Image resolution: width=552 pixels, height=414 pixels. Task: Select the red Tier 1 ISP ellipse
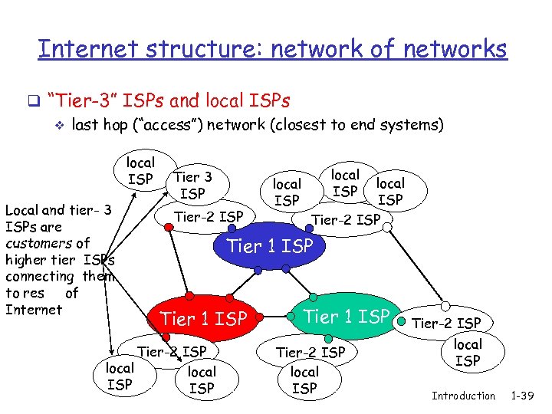[x=202, y=317]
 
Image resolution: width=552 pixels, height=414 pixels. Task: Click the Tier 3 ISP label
[x=192, y=186]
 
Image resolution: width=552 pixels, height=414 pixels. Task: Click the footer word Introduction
[x=463, y=396]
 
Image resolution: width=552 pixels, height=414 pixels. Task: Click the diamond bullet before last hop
[x=54, y=126]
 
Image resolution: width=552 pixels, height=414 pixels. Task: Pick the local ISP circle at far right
[x=468, y=353]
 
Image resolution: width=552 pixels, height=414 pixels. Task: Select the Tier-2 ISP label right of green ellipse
[x=447, y=323]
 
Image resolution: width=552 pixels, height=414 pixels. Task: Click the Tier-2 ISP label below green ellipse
[x=310, y=352]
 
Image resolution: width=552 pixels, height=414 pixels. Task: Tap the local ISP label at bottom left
[x=119, y=376]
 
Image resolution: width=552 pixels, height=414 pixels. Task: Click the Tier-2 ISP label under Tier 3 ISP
[x=209, y=216]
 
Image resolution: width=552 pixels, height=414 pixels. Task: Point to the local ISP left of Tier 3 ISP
[x=140, y=171]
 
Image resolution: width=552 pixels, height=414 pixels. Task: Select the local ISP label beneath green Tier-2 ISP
[x=304, y=379]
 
